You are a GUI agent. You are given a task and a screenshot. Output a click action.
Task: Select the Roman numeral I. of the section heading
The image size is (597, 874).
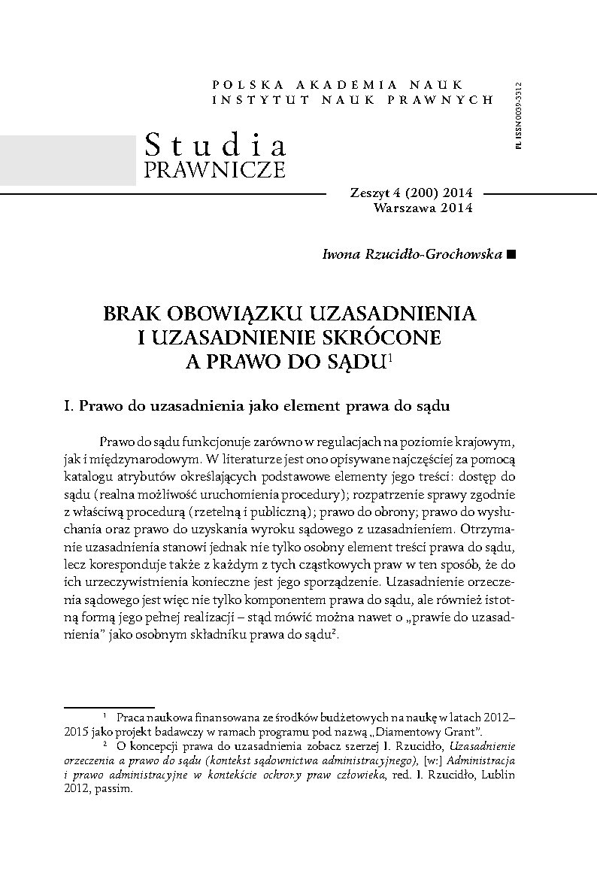(70, 407)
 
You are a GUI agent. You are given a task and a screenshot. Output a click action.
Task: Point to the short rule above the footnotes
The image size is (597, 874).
(108, 707)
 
